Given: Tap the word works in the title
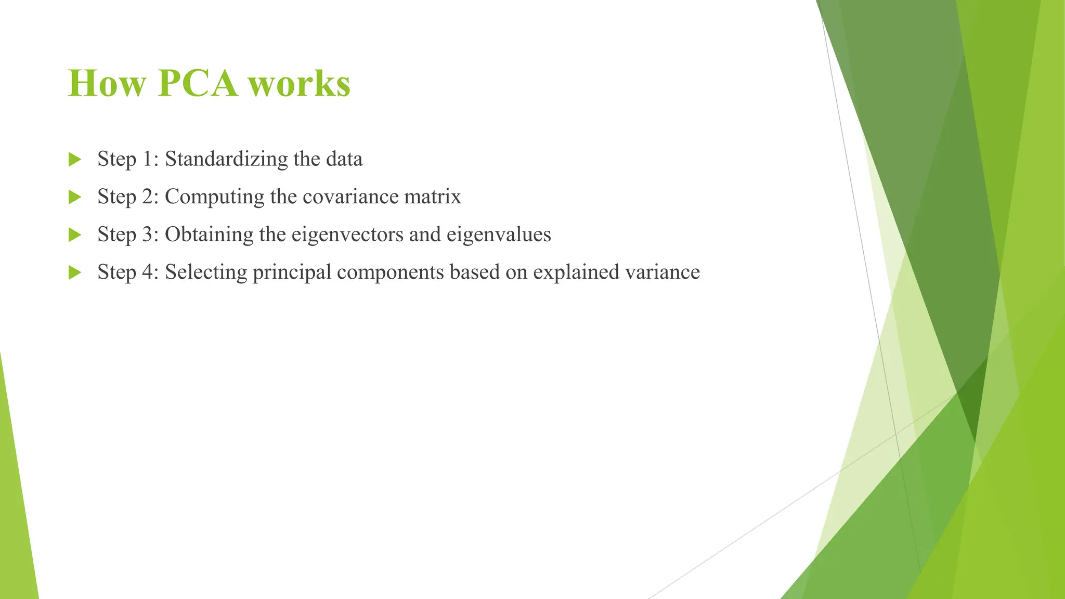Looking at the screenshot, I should tap(300, 83).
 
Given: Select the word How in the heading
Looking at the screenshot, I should tap(107, 83).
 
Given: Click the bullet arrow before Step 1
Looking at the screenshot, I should tap(75, 160).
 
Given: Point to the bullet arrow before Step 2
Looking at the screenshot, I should tap(75, 197).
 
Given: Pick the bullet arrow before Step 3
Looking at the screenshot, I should tap(75, 235).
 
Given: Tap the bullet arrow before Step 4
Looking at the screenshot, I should tap(75, 272).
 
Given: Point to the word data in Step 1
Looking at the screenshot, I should tap(344, 159).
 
